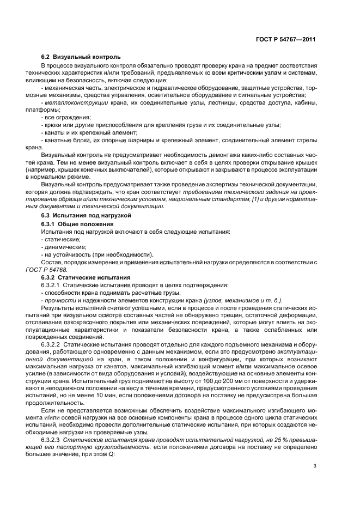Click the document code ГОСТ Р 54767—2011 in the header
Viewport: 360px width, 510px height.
286,39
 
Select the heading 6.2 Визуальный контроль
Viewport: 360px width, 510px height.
81,57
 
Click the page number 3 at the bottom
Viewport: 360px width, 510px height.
314,465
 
